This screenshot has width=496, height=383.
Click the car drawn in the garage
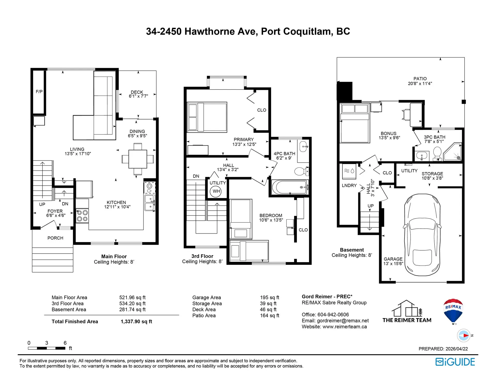coord(422,235)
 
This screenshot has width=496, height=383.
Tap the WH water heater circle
coord(216,191)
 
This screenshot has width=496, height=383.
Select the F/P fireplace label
coord(39,92)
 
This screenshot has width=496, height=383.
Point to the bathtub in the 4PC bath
coord(289,187)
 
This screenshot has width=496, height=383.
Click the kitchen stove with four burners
coord(82,216)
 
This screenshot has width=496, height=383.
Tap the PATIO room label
coord(420,79)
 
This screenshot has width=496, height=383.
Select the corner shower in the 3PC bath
coord(453,152)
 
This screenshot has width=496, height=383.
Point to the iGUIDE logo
coord(455,362)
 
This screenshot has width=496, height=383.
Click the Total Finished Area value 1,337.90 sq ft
coord(136,322)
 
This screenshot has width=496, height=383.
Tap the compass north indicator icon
coord(464,336)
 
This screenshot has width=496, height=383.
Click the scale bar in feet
coord(47,348)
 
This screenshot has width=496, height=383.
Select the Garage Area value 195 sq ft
coord(269,298)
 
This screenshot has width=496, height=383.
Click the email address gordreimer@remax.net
coord(343,321)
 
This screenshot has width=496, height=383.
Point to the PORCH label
coord(55,238)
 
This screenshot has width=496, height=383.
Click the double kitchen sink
coord(150,203)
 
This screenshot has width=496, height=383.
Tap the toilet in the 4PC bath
coord(301,171)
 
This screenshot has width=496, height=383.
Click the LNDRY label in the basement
coord(349,186)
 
